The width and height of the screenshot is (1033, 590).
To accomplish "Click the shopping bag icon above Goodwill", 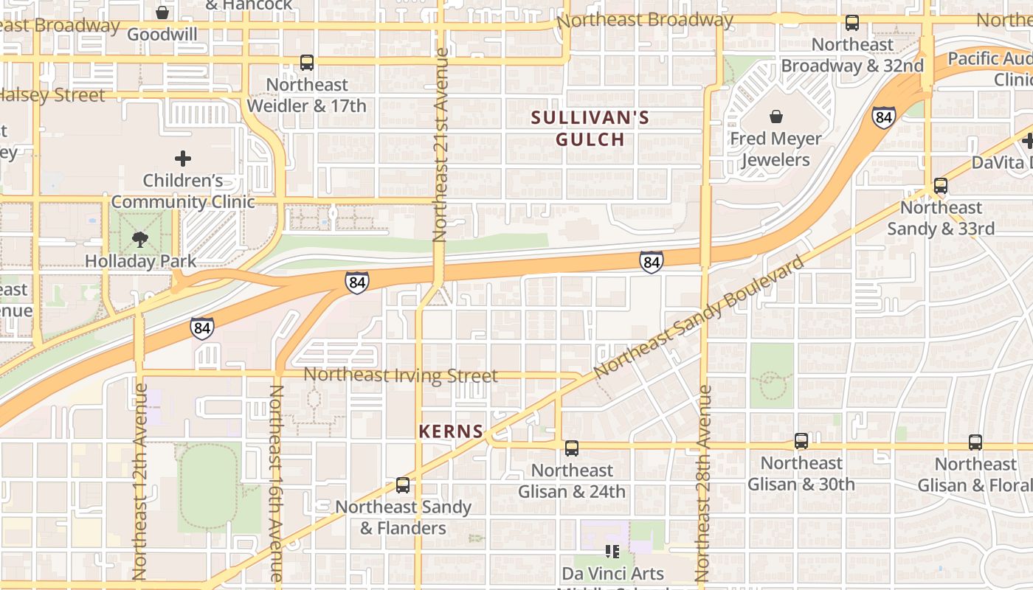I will click(x=162, y=13).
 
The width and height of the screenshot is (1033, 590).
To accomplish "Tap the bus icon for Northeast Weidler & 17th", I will click(x=307, y=63).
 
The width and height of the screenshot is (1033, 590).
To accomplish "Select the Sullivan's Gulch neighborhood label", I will click(x=590, y=128).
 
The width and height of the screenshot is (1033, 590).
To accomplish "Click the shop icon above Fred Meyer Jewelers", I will click(x=776, y=117).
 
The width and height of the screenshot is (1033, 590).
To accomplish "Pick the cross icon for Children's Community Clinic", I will click(x=183, y=158).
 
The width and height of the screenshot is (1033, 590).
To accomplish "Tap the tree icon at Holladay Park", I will click(x=140, y=239).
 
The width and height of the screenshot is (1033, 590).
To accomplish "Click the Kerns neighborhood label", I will click(x=451, y=431).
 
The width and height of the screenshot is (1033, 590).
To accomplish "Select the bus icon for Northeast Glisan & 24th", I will click(x=572, y=448).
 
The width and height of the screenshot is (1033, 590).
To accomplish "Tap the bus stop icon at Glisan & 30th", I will click(x=801, y=441).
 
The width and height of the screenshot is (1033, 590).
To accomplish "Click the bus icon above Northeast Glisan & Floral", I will click(x=975, y=442).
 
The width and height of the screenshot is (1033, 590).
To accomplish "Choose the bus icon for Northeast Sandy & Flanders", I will click(x=403, y=485).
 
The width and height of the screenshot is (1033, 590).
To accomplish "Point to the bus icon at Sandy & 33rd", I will click(x=941, y=185).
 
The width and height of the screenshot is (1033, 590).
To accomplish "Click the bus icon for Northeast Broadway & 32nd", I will click(x=852, y=22).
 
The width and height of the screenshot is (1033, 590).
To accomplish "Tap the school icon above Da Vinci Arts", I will click(x=612, y=551).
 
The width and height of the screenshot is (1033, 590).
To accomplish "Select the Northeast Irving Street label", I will click(x=401, y=375).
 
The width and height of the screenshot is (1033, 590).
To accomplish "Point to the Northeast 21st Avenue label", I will click(x=441, y=145).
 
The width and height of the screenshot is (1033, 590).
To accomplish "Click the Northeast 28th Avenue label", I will click(x=703, y=483).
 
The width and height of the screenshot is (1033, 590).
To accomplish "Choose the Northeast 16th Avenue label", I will click(x=275, y=483).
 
